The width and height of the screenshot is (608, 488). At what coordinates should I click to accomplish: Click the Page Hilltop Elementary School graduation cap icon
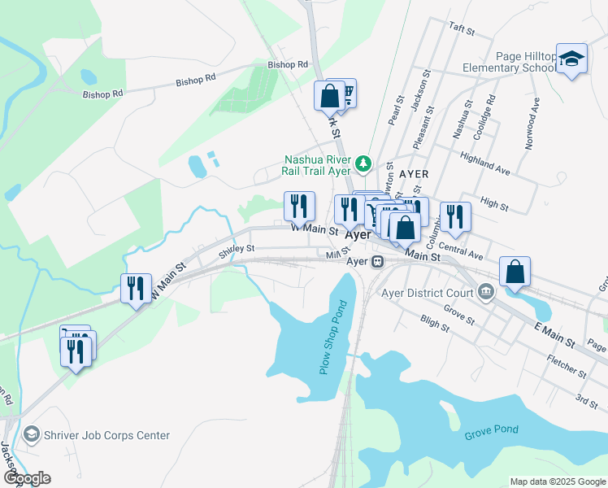point(571,59)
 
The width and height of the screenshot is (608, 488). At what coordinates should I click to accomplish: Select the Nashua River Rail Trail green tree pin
point(364,164)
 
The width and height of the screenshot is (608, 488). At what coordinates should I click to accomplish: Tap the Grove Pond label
point(491,430)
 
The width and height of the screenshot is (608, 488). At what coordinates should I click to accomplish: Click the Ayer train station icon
point(377,262)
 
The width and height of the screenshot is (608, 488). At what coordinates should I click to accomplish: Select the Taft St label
point(461,28)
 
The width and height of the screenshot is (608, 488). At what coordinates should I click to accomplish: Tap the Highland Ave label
point(484,163)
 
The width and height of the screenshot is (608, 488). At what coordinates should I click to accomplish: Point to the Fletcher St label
point(567,367)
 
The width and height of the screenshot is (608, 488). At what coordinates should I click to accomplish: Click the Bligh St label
point(435,325)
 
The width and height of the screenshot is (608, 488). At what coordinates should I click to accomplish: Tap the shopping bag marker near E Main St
point(515,273)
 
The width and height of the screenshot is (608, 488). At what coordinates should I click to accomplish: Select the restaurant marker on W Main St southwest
point(135,289)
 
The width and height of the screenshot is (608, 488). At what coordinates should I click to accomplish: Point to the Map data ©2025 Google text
point(557,481)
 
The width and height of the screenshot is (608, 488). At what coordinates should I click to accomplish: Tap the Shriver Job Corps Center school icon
point(32,435)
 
